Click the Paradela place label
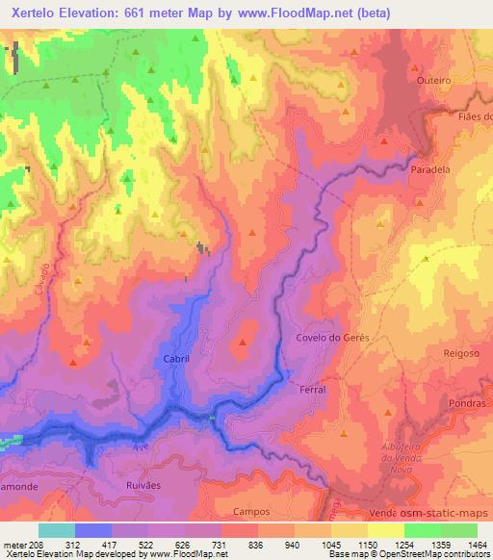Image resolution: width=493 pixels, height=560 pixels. click(x=430, y=168)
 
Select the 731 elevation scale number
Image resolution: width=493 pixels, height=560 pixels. click(x=241, y=544)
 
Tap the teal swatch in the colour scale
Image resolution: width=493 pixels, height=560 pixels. click(x=56, y=530)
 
